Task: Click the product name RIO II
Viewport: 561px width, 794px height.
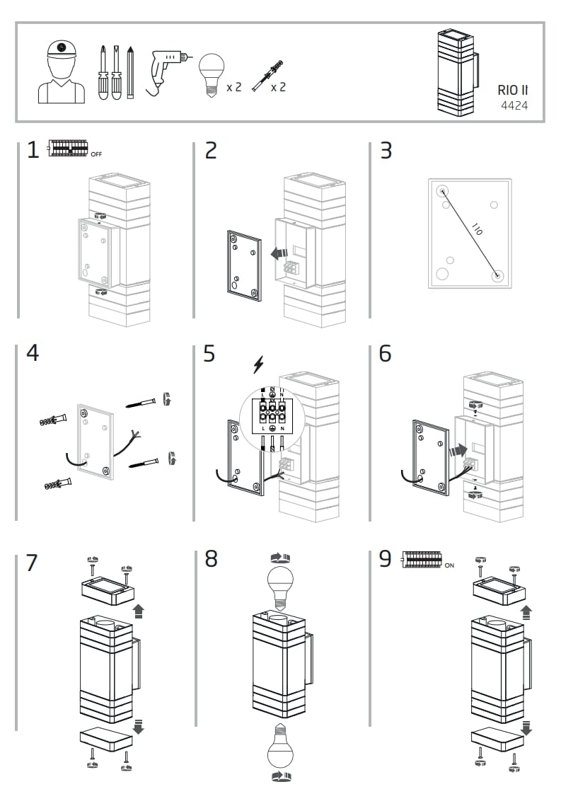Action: click(513, 90)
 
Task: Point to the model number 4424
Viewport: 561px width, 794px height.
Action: click(514, 106)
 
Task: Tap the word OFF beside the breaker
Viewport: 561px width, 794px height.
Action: click(96, 154)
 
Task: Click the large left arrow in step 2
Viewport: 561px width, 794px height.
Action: click(277, 253)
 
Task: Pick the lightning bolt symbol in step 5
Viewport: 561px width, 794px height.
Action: click(258, 365)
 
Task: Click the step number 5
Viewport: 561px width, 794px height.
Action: click(209, 353)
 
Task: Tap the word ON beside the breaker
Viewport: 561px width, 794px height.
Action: click(449, 565)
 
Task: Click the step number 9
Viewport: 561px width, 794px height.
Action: click(385, 559)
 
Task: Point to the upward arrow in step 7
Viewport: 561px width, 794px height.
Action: click(139, 611)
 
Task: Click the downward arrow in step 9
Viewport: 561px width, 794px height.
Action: click(526, 727)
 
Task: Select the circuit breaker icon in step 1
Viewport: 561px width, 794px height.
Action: click(68, 149)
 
